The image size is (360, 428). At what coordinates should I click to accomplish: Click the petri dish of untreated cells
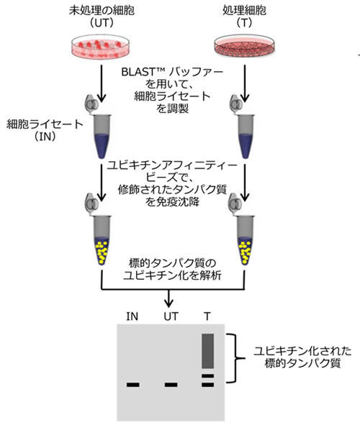click(101, 47)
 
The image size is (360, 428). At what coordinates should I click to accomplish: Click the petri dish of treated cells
click(244, 47)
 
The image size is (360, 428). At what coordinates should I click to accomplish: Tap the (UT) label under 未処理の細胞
click(102, 23)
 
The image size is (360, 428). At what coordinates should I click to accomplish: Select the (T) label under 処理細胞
click(244, 23)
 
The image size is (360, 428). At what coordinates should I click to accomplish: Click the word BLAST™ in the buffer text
click(143, 72)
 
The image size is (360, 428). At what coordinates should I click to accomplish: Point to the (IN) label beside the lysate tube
click(45, 136)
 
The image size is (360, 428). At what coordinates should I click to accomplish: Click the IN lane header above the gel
click(132, 317)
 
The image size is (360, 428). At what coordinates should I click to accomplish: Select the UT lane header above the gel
click(171, 317)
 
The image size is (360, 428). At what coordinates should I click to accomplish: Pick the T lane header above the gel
click(207, 317)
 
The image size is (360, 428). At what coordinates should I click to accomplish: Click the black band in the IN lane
click(133, 385)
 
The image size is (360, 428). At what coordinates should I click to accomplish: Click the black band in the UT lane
click(171, 385)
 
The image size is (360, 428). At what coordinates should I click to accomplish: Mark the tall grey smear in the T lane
click(207, 351)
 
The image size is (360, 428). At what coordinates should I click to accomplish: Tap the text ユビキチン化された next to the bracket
click(302, 351)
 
